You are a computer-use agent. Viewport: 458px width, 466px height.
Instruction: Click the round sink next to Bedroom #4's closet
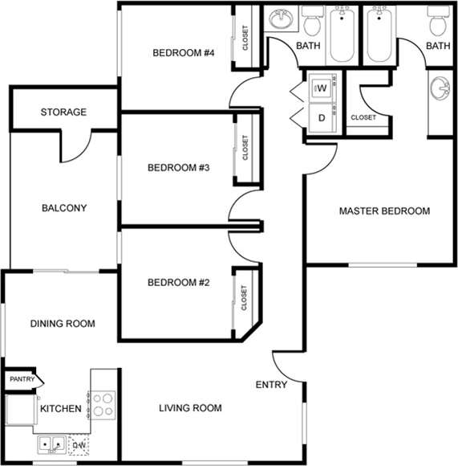(x=280, y=18)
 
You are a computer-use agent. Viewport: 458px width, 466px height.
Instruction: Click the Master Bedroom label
(x=384, y=211)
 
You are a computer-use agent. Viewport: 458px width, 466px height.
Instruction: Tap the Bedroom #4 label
(x=184, y=54)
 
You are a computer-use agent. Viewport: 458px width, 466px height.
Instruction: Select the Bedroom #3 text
(x=178, y=168)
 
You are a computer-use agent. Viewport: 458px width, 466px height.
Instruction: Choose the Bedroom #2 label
(x=178, y=283)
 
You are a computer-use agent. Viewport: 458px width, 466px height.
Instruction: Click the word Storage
(x=63, y=112)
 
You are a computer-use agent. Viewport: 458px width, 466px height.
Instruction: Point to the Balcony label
(x=63, y=208)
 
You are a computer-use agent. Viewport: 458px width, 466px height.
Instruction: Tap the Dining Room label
(x=63, y=324)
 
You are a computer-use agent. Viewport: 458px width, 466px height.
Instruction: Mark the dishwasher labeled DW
(x=79, y=444)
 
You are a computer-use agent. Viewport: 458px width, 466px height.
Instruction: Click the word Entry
(x=271, y=385)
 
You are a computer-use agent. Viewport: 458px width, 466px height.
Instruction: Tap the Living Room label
(x=189, y=408)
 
